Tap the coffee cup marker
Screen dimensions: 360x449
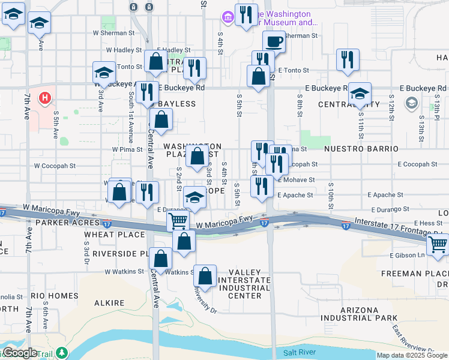pyautogui.click(x=274, y=42)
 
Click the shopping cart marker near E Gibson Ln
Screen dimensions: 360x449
pyautogui.click(x=438, y=245)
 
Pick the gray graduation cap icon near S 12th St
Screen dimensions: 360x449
pyautogui.click(x=411, y=103)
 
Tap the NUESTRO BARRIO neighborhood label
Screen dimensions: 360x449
pyautogui.click(x=361, y=148)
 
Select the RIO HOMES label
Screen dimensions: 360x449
pyautogui.click(x=55, y=296)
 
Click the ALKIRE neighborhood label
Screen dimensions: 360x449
pyautogui.click(x=109, y=304)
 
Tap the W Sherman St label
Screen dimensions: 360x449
pyautogui.click(x=113, y=34)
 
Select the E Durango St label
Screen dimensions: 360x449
pyautogui.click(x=390, y=209)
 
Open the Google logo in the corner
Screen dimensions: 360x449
pyautogui.click(x=20, y=353)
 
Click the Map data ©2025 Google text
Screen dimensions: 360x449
pyautogui.click(x=412, y=355)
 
